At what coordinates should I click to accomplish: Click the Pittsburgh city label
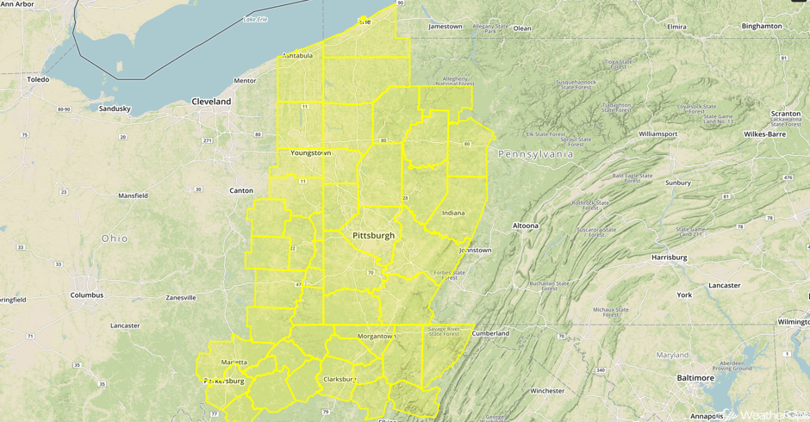(x=373, y=235)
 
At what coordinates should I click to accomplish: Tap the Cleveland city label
(x=211, y=102)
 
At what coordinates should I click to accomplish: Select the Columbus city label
(x=87, y=295)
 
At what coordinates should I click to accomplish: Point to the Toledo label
(x=38, y=79)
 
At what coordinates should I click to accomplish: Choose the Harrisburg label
(x=669, y=257)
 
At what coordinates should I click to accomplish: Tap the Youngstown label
(x=310, y=152)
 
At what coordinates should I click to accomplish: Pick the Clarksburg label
(x=339, y=379)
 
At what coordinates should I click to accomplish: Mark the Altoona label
(x=526, y=226)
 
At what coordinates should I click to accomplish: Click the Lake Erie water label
(x=256, y=19)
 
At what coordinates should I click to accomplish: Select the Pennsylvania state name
(x=534, y=153)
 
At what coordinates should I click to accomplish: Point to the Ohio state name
(x=115, y=239)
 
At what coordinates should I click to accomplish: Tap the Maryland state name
(x=672, y=355)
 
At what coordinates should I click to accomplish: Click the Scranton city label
(x=785, y=114)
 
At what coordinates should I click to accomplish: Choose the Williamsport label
(x=657, y=134)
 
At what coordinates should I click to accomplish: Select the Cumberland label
(x=490, y=333)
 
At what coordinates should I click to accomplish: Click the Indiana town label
(x=452, y=213)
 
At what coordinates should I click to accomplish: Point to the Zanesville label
(x=181, y=298)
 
